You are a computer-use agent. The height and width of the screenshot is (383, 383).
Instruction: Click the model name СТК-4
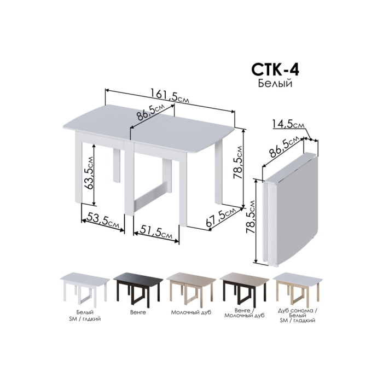(276, 69)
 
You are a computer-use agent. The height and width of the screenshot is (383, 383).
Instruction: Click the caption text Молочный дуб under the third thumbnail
(189, 314)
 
